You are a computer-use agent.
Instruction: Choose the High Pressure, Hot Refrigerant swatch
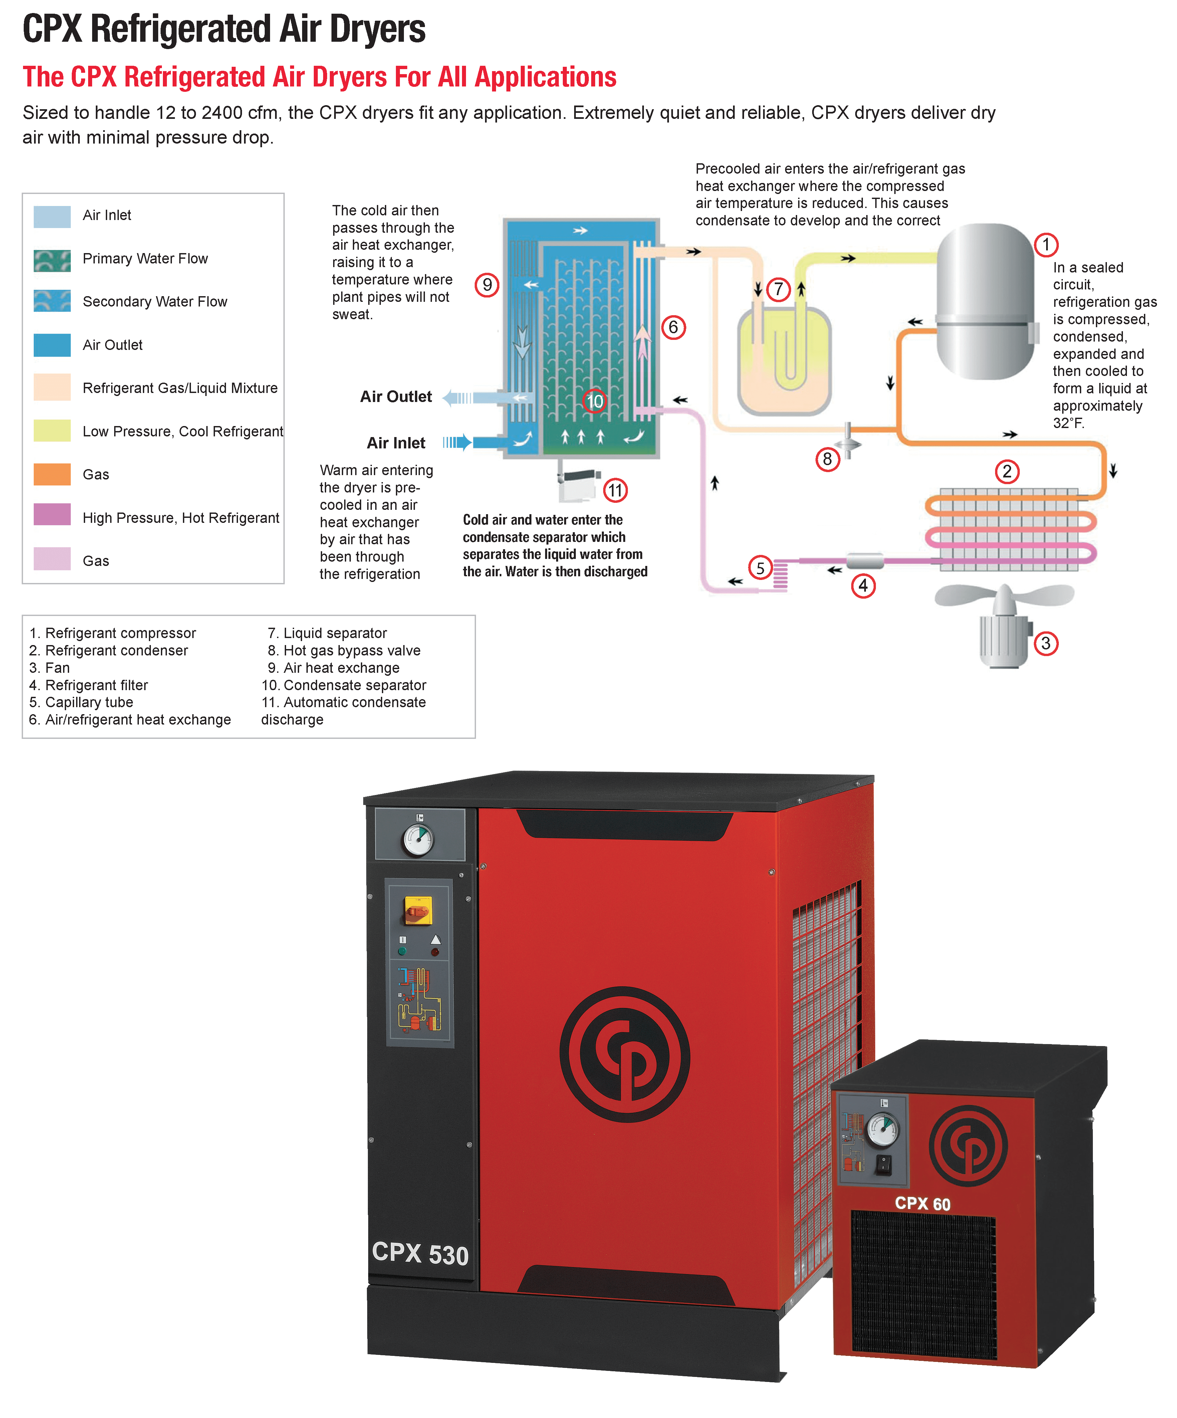pyautogui.click(x=52, y=517)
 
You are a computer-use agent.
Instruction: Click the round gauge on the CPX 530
pyautogui.click(x=418, y=840)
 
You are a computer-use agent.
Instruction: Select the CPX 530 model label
pyautogui.click(x=420, y=1253)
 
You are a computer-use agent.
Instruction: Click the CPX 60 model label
pyautogui.click(x=922, y=1203)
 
